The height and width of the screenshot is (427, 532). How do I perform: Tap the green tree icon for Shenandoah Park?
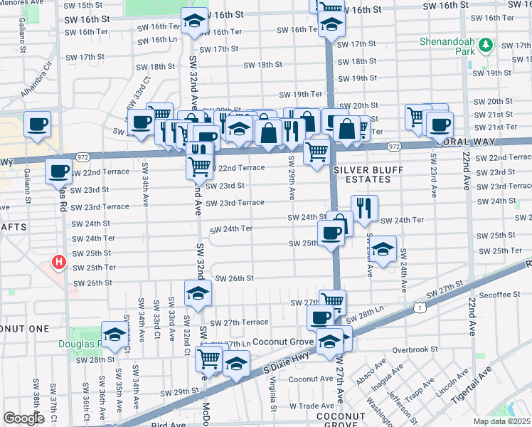pos(486,46)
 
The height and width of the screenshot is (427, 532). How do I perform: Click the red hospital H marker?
pos(60,263)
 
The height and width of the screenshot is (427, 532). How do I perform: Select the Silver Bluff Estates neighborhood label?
pos(362,174)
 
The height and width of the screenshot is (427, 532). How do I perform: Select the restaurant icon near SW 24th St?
pos(363,207)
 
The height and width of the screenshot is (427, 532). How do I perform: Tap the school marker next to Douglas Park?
pos(114,334)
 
